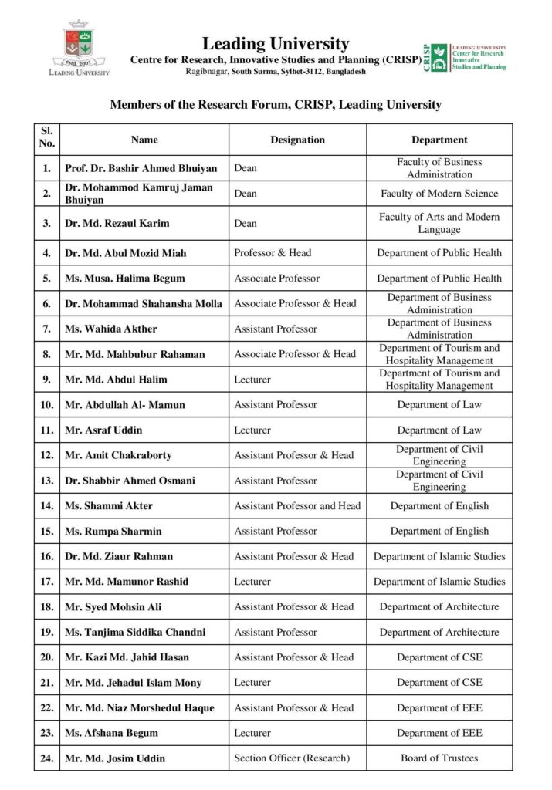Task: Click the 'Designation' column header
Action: click(297, 140)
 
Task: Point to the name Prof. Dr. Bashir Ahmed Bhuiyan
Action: click(141, 168)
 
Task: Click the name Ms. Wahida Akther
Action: click(110, 329)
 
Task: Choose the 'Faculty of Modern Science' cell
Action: click(439, 194)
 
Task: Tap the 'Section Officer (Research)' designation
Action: click(292, 758)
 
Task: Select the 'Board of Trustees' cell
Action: click(439, 758)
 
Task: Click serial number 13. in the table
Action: click(47, 481)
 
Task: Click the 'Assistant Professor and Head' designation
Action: click(297, 506)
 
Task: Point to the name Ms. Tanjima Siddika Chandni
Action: click(135, 632)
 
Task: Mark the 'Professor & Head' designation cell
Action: click(273, 253)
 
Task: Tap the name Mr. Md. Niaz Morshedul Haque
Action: click(140, 707)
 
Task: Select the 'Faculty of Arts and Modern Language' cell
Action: click(439, 223)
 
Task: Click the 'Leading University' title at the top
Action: click(276, 44)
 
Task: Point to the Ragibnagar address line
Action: click(276, 71)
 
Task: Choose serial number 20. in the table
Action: click(47, 657)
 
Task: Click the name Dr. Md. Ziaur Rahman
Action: click(119, 556)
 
